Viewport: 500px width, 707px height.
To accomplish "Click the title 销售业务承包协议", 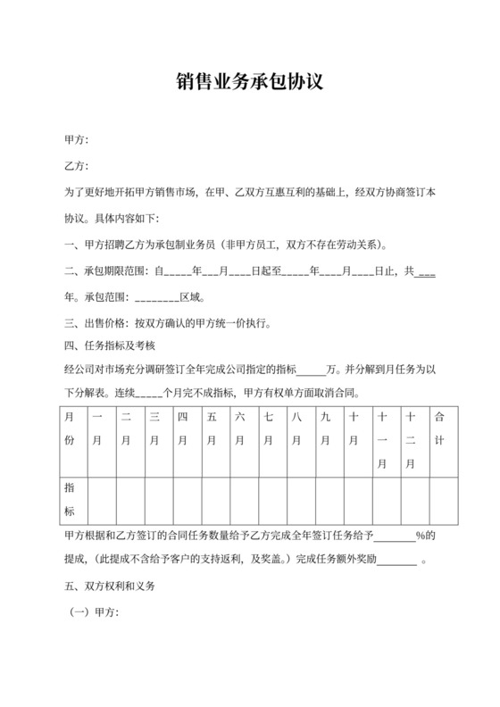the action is click(x=249, y=83).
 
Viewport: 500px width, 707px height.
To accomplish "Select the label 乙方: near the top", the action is click(x=76, y=167).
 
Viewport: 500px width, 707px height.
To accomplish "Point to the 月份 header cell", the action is click(x=70, y=428).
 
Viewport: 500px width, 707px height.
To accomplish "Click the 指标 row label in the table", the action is click(x=70, y=500).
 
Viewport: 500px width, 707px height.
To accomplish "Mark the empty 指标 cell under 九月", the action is click(x=325, y=500).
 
